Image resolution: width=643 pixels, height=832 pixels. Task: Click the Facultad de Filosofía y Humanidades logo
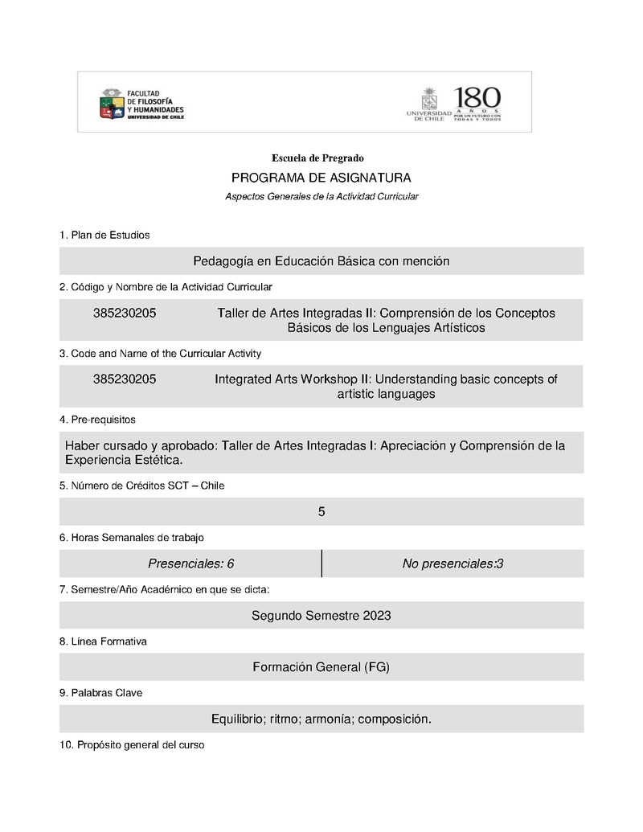point(141,104)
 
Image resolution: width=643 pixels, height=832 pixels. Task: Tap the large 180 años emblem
point(477,103)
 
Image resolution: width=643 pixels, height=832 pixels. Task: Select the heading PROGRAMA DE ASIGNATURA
point(321,178)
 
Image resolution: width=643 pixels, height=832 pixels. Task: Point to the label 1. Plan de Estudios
point(104,236)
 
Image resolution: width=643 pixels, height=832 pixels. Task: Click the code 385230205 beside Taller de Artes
point(125,314)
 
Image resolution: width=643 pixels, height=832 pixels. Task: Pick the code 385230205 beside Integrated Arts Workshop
point(125,379)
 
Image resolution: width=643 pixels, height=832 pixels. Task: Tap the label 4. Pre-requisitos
point(97,420)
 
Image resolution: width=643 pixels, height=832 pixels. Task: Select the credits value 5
point(321,512)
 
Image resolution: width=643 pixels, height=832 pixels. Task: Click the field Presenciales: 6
point(191,564)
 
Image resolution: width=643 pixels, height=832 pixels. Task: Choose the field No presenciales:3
point(453,564)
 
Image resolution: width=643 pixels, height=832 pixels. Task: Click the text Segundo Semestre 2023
point(321,616)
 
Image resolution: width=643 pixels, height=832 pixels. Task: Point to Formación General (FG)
point(321,667)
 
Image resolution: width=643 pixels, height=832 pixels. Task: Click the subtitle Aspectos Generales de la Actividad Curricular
point(321,197)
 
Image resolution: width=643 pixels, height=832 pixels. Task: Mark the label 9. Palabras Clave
point(100,693)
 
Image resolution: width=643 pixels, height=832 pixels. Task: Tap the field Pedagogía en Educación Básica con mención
point(321,261)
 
